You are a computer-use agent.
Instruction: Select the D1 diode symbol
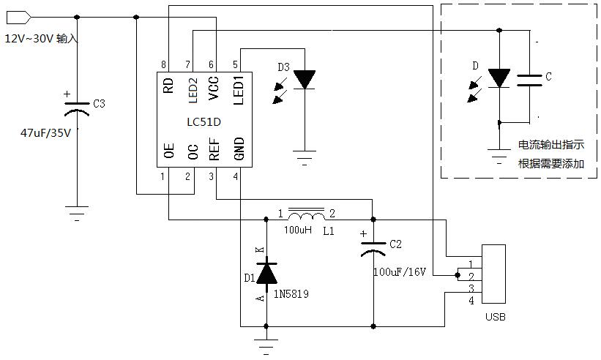[x=266, y=272]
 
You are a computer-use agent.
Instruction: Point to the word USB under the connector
[x=495, y=317]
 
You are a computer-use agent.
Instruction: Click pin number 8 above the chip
[x=163, y=65]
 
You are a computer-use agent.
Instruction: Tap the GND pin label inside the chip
[x=238, y=149]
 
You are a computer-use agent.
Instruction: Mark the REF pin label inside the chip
[x=214, y=149]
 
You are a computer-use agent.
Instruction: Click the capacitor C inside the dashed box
[x=529, y=79]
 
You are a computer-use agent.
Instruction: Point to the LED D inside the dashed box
[x=499, y=78]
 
